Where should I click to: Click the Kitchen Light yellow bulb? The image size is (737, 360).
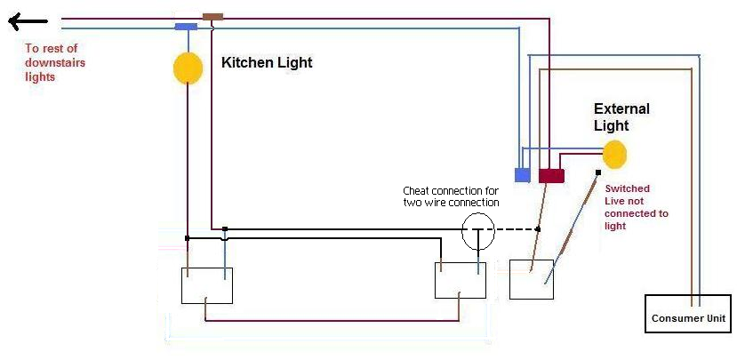point(187,68)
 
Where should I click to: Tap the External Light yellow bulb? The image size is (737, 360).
point(614,153)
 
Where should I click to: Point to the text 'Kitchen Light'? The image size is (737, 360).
point(267,63)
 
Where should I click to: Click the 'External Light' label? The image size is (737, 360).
point(621,116)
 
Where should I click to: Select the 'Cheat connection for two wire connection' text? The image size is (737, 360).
point(451,196)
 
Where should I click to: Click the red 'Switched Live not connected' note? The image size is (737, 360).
point(636,207)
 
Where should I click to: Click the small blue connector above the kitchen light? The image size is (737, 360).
point(186,27)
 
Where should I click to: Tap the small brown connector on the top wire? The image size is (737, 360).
point(212,16)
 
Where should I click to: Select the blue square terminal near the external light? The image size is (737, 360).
point(523,174)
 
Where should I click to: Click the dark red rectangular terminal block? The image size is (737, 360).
point(551,176)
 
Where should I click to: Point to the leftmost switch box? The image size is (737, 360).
point(207,285)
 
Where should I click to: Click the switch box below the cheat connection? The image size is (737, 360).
point(460,280)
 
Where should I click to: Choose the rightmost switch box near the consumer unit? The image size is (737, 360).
point(532,279)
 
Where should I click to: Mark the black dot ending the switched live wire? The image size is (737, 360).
point(598,172)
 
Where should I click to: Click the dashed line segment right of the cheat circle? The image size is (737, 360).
point(515,229)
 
